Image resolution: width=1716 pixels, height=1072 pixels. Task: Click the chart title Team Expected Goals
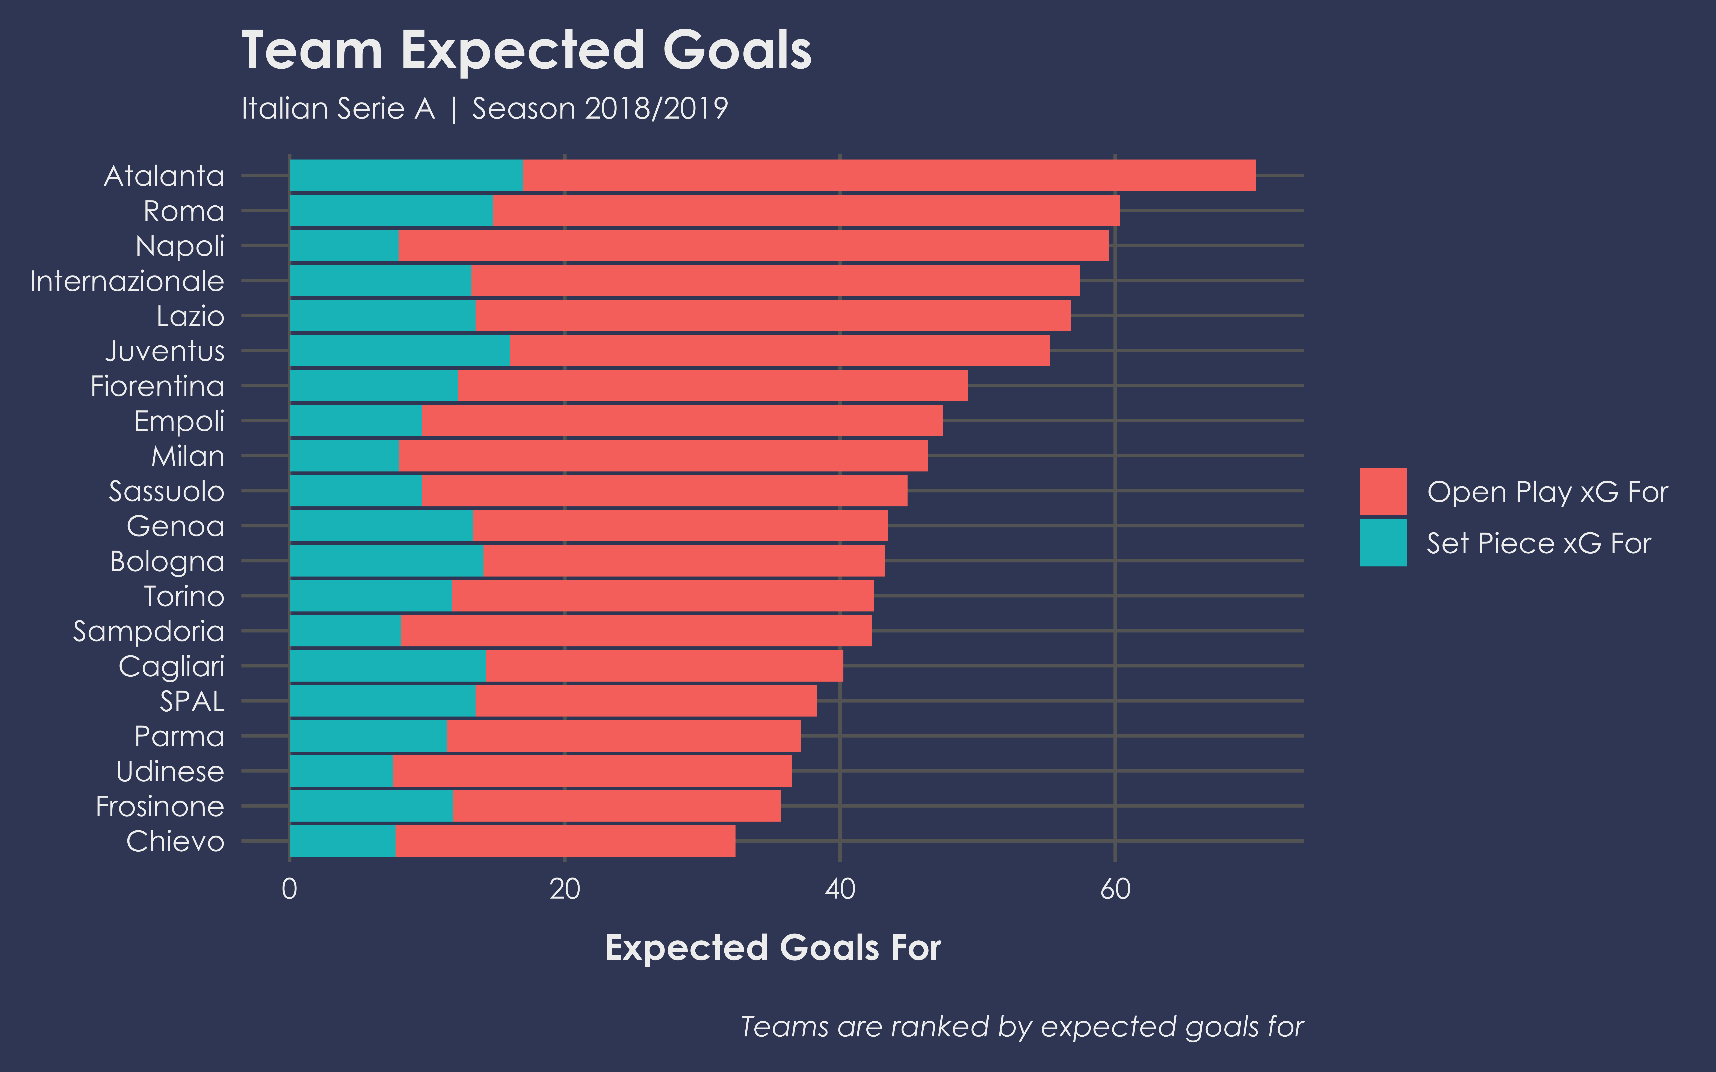point(526,51)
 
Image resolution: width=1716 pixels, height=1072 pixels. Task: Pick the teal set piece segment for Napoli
point(344,245)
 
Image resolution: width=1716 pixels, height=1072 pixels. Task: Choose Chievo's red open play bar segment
point(565,841)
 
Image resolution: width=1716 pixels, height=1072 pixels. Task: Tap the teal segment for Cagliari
point(388,666)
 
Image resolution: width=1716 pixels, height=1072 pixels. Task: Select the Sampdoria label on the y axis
point(149,631)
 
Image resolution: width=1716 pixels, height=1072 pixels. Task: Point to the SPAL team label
point(192,701)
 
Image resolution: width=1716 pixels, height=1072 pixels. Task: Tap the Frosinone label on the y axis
point(160,806)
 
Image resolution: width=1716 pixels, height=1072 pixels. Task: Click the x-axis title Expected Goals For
point(773,948)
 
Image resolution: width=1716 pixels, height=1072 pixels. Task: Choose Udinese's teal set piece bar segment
point(341,771)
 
